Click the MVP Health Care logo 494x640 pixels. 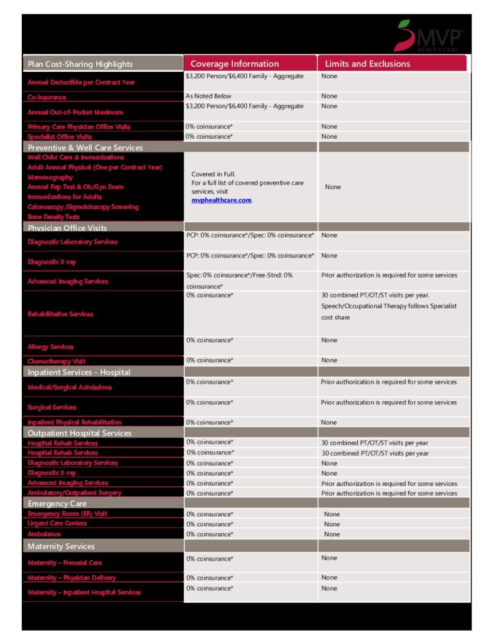click(428, 36)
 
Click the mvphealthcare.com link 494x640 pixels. click(221, 200)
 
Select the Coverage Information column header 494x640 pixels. click(234, 64)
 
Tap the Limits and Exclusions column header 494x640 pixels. click(367, 64)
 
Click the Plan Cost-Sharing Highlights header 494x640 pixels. click(80, 64)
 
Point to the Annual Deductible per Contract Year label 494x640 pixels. click(81, 82)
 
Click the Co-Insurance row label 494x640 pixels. click(47, 97)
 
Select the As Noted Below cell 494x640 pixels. click(208, 96)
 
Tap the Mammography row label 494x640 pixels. click(50, 177)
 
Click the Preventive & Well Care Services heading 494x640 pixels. click(85, 147)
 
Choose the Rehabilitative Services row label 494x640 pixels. click(61, 314)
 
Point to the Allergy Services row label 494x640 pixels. click(51, 346)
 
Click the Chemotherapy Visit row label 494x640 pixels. click(57, 361)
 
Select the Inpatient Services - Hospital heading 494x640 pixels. click(79, 372)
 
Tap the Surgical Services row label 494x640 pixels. click(52, 407)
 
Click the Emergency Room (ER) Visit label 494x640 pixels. click(67, 514)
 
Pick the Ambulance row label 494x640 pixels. click(44, 534)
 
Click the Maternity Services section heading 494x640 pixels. click(61, 546)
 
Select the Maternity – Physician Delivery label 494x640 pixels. click(72, 577)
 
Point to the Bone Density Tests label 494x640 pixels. click(54, 217)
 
